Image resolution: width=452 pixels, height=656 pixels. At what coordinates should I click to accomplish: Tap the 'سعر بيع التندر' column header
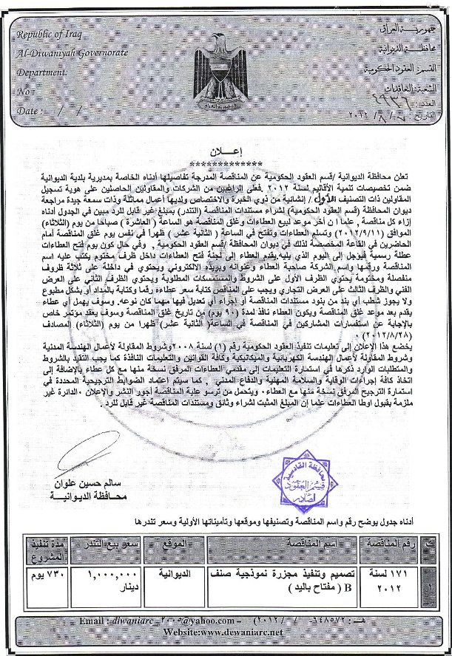110,545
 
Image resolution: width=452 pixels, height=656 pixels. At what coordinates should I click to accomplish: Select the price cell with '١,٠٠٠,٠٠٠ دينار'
110,581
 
